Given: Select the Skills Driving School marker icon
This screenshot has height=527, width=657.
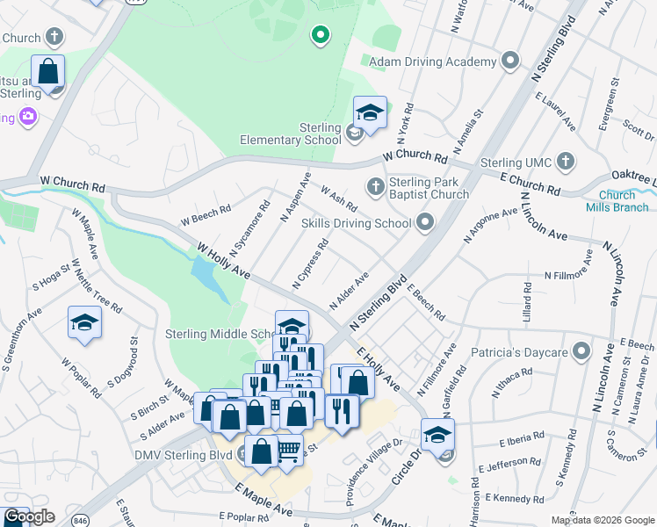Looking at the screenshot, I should [x=426, y=222].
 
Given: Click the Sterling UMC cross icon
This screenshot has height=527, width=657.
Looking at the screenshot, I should [x=567, y=162].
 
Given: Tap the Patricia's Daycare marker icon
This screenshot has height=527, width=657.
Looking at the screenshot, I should [x=580, y=352].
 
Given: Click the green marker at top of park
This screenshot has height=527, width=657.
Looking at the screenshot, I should [x=321, y=36].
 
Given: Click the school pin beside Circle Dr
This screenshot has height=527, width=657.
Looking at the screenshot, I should [x=438, y=434].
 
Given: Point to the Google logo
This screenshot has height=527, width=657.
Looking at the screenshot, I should [x=28, y=516].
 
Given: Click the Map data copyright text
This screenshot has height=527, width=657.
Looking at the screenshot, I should [x=603, y=520].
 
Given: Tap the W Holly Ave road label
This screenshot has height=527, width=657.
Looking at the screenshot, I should [x=224, y=263].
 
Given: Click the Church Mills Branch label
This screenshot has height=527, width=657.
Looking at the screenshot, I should [x=617, y=201].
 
